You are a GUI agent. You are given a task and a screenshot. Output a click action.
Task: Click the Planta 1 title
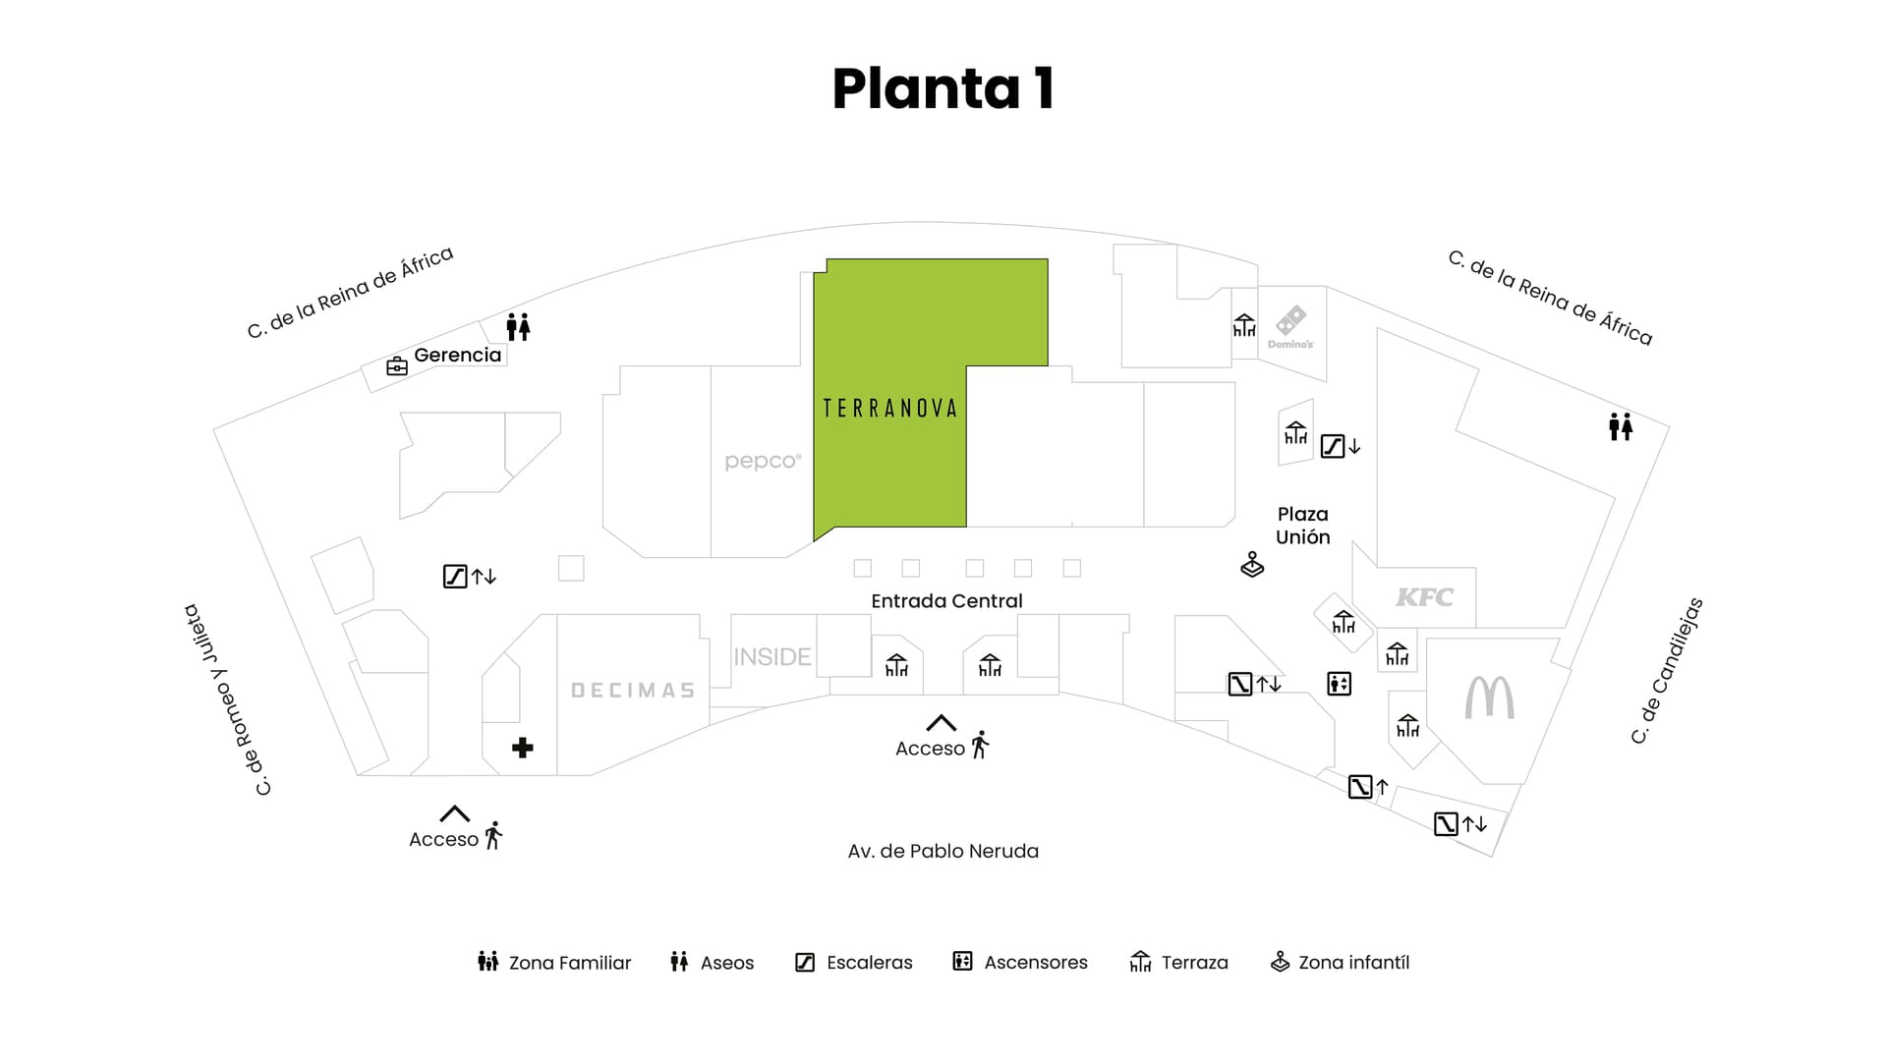pos(943,88)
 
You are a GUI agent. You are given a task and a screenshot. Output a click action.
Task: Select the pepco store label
pos(763,461)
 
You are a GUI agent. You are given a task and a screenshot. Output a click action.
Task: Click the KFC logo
pos(1424,596)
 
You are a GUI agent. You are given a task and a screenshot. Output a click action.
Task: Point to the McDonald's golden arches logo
pos(1489,698)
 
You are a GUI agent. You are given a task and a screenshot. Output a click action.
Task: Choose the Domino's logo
pos(1290,327)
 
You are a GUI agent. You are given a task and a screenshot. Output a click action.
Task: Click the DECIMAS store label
pos(633,691)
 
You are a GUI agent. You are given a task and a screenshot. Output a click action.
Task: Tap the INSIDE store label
pos(772,656)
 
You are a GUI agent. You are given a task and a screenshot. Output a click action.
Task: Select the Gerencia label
pos(457,355)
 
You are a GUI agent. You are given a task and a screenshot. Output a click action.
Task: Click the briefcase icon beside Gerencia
pos(397,366)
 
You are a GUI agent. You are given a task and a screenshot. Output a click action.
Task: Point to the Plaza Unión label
pos(1302,526)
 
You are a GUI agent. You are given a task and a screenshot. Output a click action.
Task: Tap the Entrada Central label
pos(946,601)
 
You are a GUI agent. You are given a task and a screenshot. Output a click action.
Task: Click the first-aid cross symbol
pos(523,748)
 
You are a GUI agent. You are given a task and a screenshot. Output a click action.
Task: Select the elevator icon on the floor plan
pos(1339,684)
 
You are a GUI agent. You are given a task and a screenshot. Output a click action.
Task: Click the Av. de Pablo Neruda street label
pos(943,851)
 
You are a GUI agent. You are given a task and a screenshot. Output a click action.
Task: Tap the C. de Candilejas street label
pos(1667,671)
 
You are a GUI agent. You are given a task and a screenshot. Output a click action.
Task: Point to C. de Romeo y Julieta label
pos(227,699)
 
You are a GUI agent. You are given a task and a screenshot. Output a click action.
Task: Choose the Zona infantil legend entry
pos(1340,963)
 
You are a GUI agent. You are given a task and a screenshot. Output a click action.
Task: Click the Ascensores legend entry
pos(1020,963)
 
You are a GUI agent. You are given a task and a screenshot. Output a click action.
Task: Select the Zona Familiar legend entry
pos(554,963)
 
